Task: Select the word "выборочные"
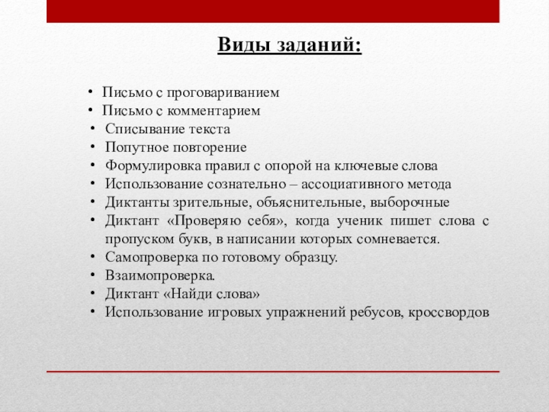coord(410,203)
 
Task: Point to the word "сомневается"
coord(397,240)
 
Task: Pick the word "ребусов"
coord(379,313)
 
